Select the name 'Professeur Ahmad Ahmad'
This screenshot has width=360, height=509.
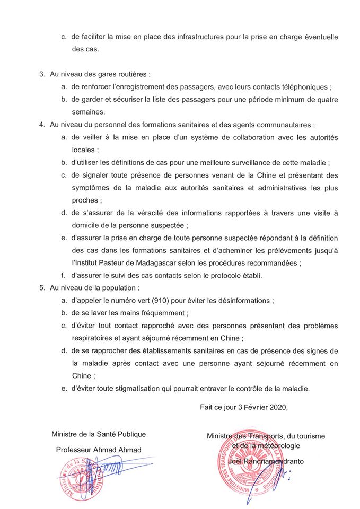click(98, 450)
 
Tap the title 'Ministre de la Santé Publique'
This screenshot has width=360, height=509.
click(99, 434)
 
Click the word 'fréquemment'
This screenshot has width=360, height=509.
click(164, 313)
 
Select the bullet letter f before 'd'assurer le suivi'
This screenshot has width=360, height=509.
click(63, 275)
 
